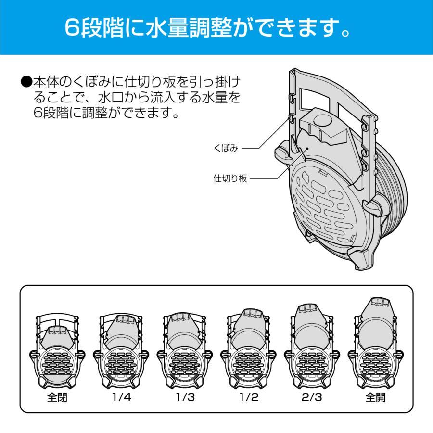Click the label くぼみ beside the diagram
click(226, 148)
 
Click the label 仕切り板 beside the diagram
click(230, 178)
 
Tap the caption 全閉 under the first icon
click(57, 398)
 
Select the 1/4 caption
click(120, 398)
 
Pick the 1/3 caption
click(184, 398)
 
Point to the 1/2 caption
click(248, 398)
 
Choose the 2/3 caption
click(312, 398)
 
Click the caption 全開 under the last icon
click(375, 398)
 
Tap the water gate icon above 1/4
click(120, 351)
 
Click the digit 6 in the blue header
click(73, 29)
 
